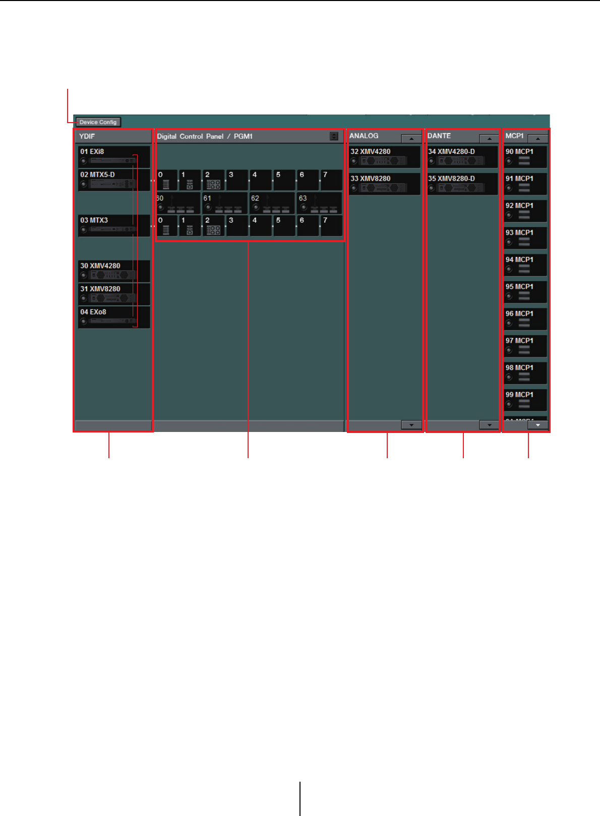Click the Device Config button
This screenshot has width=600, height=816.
(x=98, y=122)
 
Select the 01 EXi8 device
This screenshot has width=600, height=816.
(x=114, y=157)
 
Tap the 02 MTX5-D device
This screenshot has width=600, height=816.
(x=114, y=180)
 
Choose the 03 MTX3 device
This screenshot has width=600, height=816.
(x=114, y=226)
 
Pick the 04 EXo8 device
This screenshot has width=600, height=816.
(x=114, y=317)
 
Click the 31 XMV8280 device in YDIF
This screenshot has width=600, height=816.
(x=114, y=294)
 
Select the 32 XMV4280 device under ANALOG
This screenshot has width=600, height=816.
(x=385, y=157)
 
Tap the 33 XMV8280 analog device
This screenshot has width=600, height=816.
(x=385, y=184)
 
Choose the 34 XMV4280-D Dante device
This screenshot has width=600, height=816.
(x=462, y=157)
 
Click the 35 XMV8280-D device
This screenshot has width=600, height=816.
(x=462, y=184)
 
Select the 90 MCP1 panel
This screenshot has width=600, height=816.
(x=525, y=157)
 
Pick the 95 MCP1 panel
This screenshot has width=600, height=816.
(x=525, y=292)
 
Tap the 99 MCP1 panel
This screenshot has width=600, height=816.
(x=525, y=400)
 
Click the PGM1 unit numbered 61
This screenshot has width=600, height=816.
(x=225, y=203)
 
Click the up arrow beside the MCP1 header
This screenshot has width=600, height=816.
(x=538, y=138)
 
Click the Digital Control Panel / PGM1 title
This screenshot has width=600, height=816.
(x=205, y=136)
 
